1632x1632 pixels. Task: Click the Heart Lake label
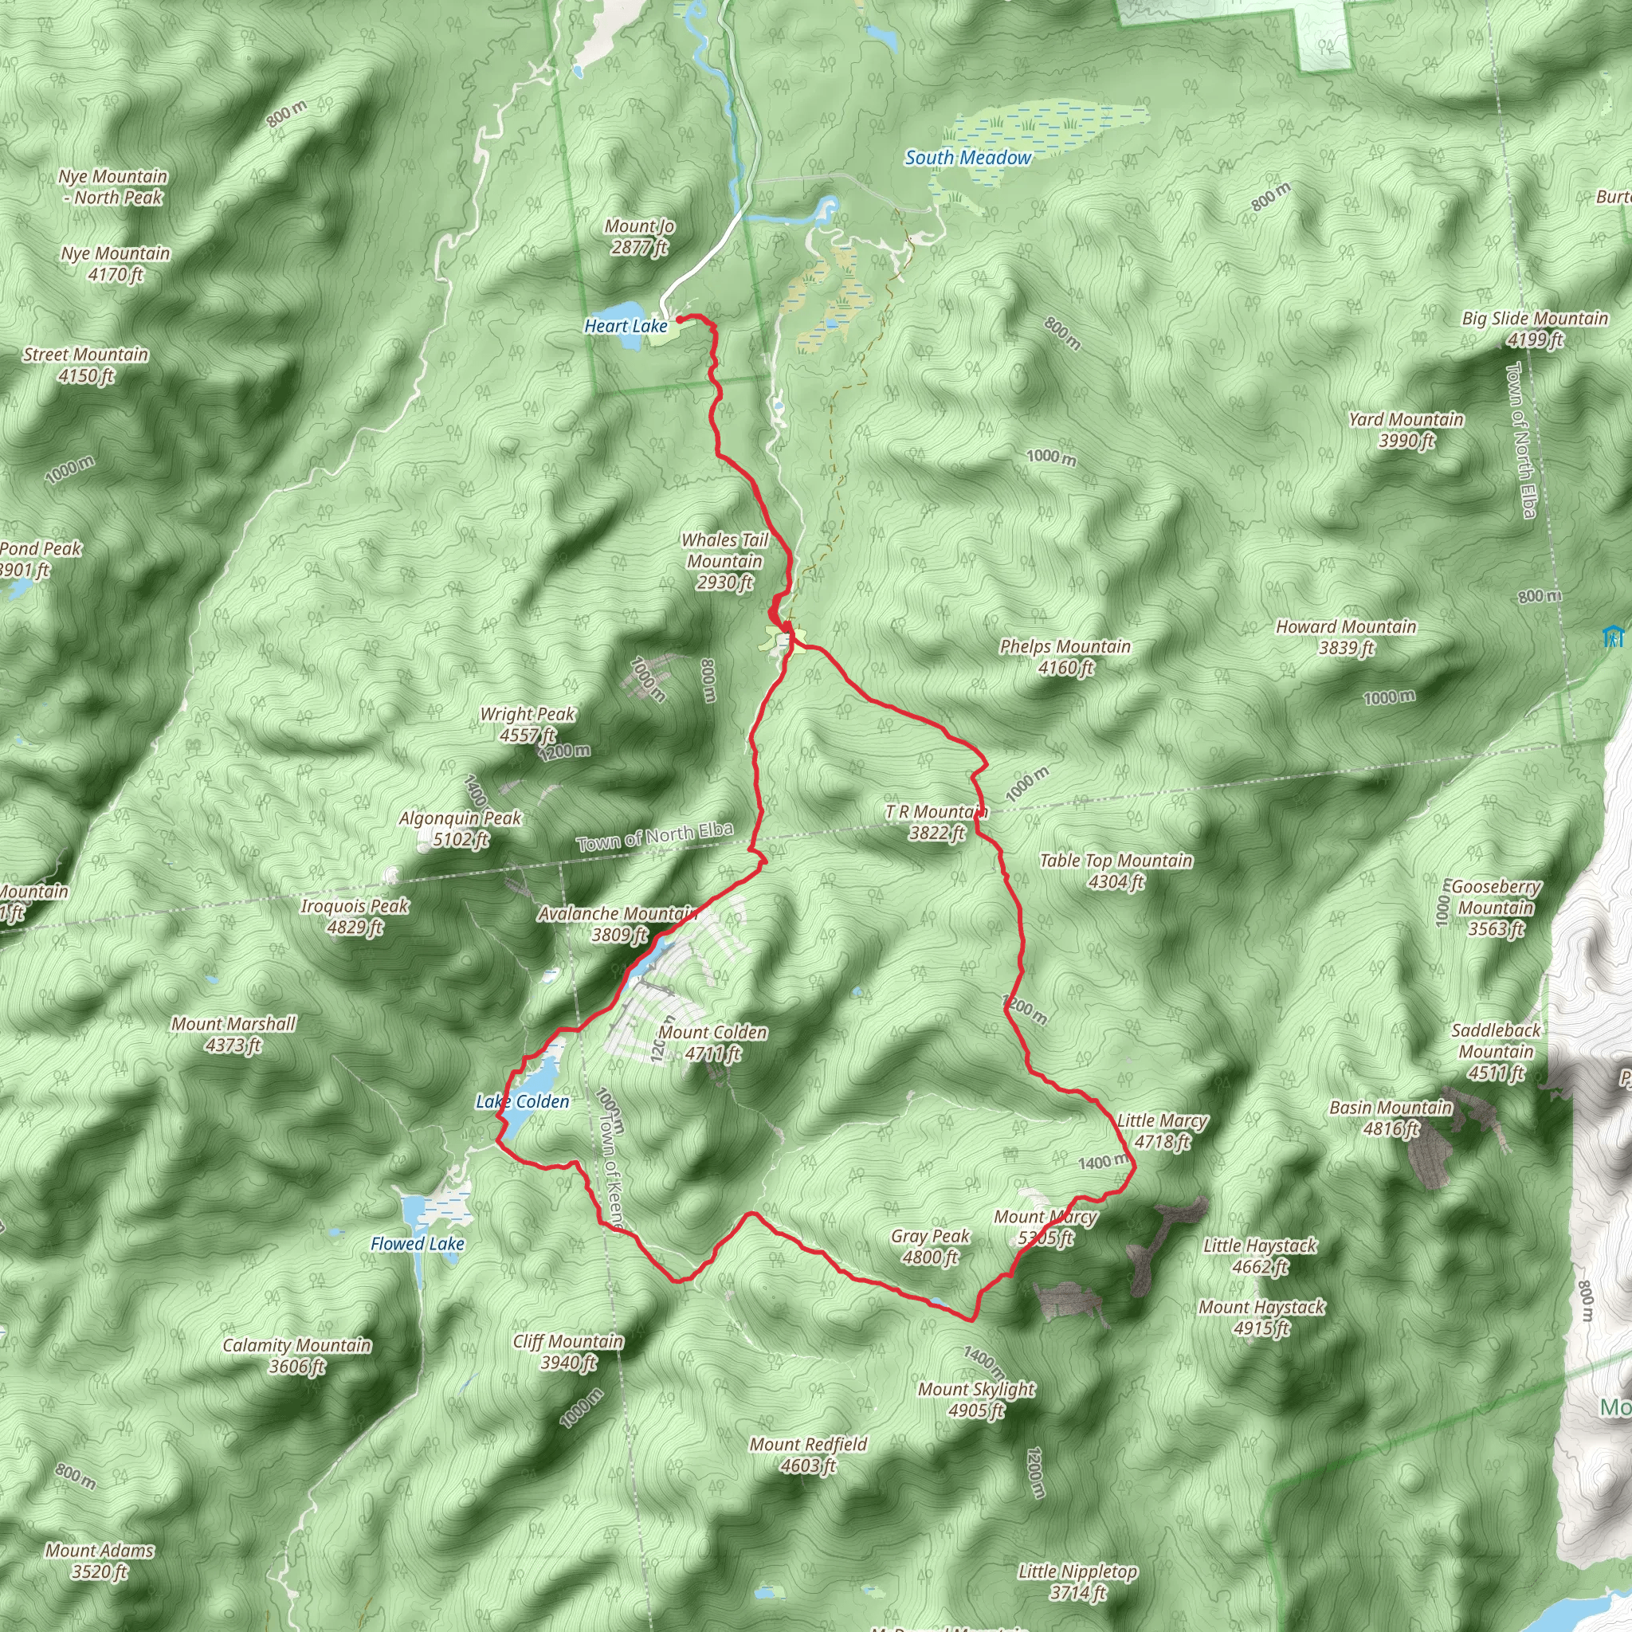pyautogui.click(x=625, y=326)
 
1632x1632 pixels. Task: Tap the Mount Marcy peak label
pyautogui.click(x=1045, y=1227)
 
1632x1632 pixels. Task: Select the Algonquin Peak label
pyautogui.click(x=461, y=829)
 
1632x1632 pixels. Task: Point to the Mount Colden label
pyautogui.click(x=713, y=1042)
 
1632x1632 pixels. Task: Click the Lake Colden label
pyautogui.click(x=522, y=1101)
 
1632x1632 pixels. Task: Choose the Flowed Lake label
pyautogui.click(x=418, y=1243)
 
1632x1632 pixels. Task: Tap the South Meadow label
pyautogui.click(x=968, y=158)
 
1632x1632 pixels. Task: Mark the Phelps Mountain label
pyautogui.click(x=1065, y=657)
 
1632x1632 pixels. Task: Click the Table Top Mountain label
pyautogui.click(x=1116, y=871)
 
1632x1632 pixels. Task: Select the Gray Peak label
pyautogui.click(x=930, y=1246)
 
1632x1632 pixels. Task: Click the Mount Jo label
pyautogui.click(x=638, y=237)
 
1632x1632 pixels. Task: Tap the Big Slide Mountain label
pyautogui.click(x=1535, y=328)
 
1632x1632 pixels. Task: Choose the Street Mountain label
pyautogui.click(x=85, y=365)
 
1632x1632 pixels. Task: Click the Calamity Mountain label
pyautogui.click(x=296, y=1355)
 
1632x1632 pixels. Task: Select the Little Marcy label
pyautogui.click(x=1163, y=1130)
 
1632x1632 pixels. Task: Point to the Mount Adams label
pyautogui.click(x=100, y=1561)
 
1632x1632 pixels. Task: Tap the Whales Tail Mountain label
pyautogui.click(x=725, y=561)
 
